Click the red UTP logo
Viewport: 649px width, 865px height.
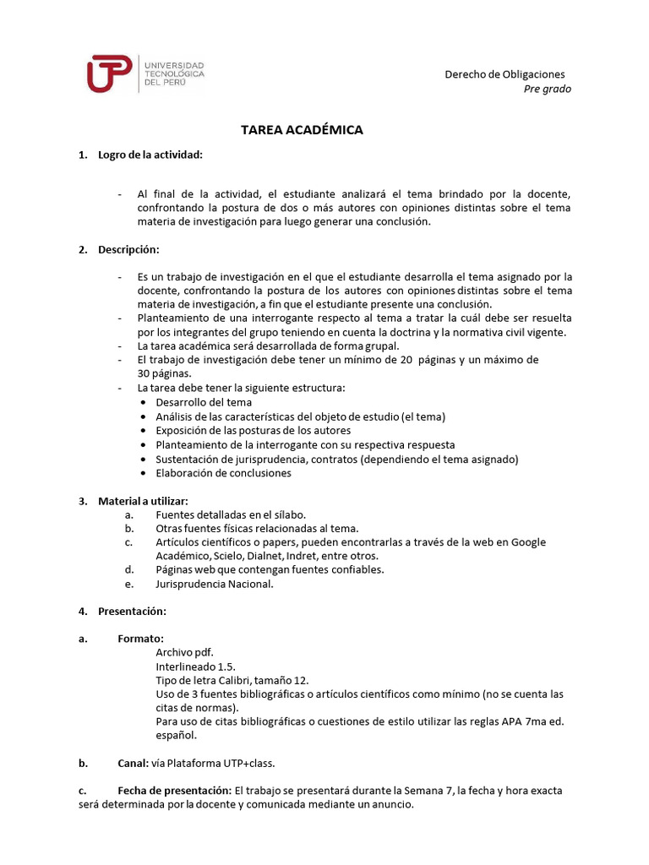(x=109, y=73)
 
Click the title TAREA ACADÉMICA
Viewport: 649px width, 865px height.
(x=302, y=130)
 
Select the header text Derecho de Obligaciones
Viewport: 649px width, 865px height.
(x=504, y=74)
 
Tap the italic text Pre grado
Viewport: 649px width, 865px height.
(x=547, y=89)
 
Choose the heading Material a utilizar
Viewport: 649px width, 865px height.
(x=143, y=501)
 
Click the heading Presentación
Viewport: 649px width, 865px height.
(x=132, y=611)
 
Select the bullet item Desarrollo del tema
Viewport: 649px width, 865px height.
(x=204, y=402)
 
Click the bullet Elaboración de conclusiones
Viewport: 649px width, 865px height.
(x=223, y=473)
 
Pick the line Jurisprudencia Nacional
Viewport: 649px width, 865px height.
(x=215, y=584)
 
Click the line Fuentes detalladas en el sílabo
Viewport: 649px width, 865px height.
(x=230, y=514)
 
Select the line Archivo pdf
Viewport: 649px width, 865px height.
(x=184, y=652)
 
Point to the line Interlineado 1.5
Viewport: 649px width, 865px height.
(x=195, y=666)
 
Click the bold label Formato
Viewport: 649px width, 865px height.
(x=140, y=639)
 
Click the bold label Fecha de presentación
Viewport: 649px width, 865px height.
(x=174, y=791)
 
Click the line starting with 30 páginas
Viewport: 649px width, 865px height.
(x=164, y=373)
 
